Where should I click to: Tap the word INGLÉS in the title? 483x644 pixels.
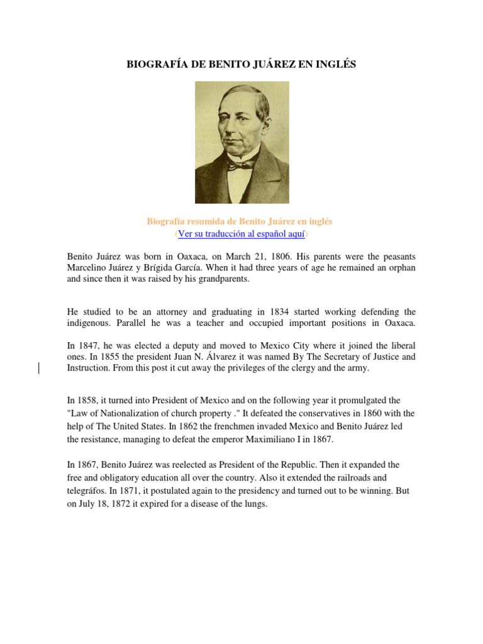(335, 65)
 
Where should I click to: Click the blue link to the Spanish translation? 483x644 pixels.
(241, 234)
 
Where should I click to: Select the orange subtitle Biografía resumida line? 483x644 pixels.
(240, 221)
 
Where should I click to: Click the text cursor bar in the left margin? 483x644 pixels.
(40, 368)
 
